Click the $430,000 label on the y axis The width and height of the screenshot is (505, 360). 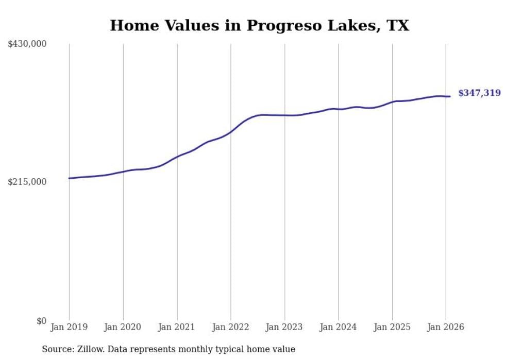[27, 44]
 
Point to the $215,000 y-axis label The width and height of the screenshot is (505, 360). [27, 182]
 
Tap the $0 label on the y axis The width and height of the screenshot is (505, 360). [41, 321]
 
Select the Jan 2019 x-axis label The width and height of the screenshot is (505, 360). [69, 327]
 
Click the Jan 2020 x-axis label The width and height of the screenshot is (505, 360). [123, 327]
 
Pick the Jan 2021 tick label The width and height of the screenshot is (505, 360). [177, 327]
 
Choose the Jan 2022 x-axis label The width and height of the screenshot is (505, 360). [231, 327]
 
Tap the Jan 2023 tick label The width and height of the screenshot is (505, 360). [284, 327]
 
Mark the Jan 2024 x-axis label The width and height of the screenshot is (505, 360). [338, 327]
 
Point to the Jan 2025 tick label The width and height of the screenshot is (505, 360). [392, 327]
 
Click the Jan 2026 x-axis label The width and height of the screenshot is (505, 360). [446, 327]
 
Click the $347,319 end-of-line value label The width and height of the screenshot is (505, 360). [479, 93]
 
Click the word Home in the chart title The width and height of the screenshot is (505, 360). [130, 26]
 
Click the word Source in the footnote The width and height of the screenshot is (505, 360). [57, 349]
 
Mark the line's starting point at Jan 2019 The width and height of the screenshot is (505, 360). [69, 178]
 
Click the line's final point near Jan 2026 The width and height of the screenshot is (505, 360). [450, 96]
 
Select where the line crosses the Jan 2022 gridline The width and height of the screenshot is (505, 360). [231, 131]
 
